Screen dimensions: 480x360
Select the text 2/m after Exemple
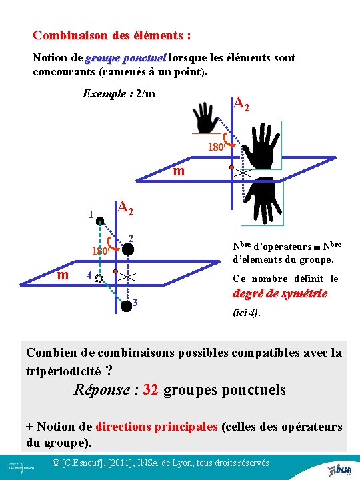(145, 93)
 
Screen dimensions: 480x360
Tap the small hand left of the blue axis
(207, 119)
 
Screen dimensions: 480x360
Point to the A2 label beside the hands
(241, 103)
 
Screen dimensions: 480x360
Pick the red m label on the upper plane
(179, 171)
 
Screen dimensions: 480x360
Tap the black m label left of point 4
(62, 275)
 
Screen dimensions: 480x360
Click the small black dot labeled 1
(99, 221)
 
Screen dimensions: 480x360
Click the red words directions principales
(157, 427)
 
